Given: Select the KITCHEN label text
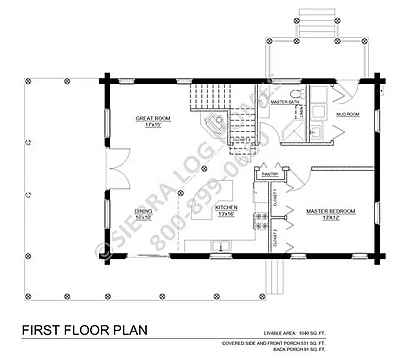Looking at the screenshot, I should tap(225, 207).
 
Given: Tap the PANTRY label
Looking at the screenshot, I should tap(268, 174).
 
